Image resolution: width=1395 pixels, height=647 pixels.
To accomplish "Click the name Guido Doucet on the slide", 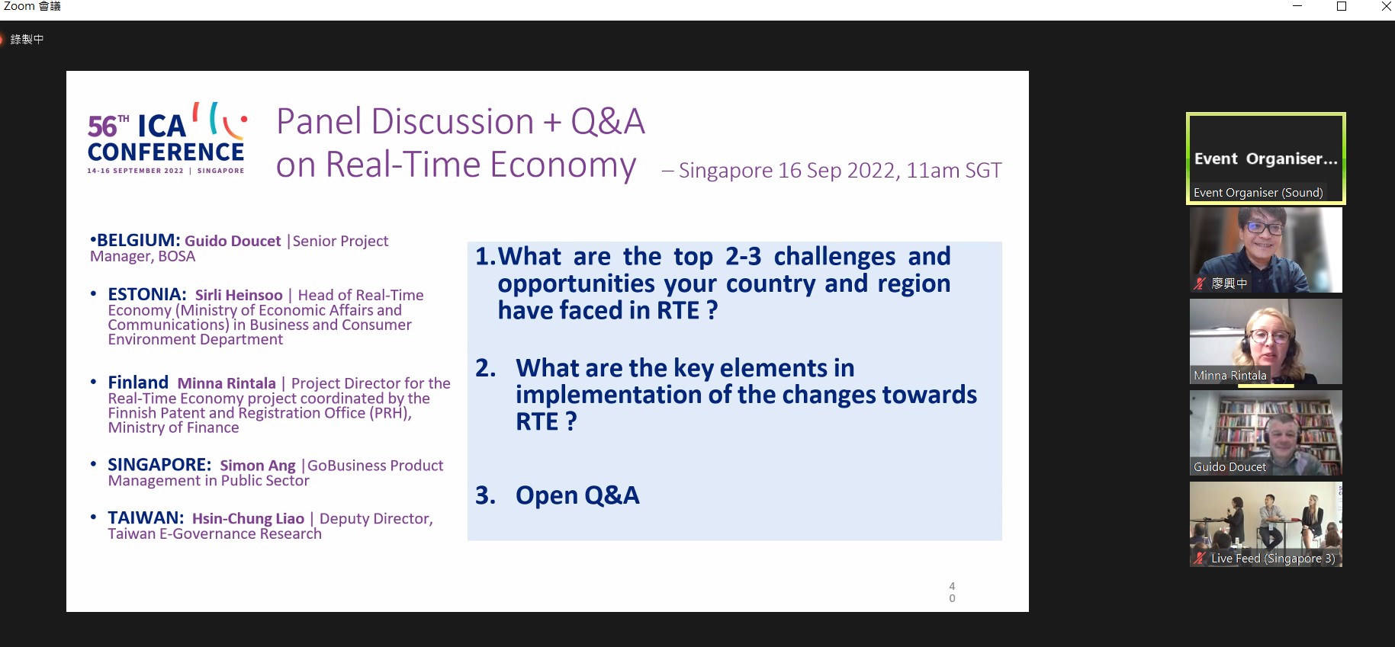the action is click(x=233, y=241).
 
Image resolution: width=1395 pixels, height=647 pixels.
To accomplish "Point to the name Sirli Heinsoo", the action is click(x=239, y=295).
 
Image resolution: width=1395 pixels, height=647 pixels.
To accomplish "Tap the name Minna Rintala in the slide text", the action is click(x=227, y=383).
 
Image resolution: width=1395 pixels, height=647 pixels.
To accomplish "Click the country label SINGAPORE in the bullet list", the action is click(x=159, y=465).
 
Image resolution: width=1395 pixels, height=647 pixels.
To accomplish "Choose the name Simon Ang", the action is click(x=258, y=466).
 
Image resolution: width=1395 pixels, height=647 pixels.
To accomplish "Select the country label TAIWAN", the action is click(x=146, y=518).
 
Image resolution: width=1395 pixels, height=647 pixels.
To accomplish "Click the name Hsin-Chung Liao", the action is click(x=248, y=519).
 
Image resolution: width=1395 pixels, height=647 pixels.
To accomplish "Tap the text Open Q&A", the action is click(x=577, y=495).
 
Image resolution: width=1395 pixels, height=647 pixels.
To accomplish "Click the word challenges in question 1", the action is click(x=834, y=257).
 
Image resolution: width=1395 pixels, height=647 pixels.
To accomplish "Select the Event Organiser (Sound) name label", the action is click(x=1258, y=193).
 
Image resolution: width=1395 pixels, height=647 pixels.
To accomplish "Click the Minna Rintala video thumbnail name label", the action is click(x=1229, y=376).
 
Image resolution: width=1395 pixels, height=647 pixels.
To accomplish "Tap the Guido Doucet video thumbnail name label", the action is click(x=1229, y=467).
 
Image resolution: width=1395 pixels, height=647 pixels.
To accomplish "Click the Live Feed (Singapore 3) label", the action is click(x=1273, y=559).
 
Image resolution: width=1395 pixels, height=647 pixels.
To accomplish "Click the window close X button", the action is click(x=1386, y=7).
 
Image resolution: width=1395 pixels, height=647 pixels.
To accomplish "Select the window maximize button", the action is click(x=1342, y=7).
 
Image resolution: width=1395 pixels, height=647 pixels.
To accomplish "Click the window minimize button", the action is click(x=1297, y=7).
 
